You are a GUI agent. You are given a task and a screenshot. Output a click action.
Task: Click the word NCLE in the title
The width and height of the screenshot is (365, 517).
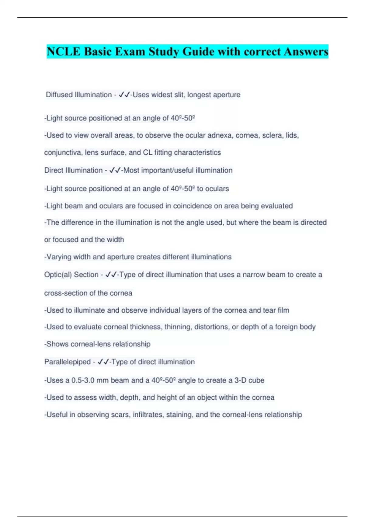[x=63, y=51]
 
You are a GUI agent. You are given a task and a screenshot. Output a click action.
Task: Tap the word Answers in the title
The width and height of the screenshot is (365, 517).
[x=306, y=51]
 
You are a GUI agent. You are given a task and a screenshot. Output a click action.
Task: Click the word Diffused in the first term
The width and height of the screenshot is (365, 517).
[x=59, y=95]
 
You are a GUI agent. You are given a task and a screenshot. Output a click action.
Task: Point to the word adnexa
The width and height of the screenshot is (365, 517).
[x=219, y=135]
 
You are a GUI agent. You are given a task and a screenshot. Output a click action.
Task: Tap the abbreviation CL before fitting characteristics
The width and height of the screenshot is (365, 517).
[x=148, y=152]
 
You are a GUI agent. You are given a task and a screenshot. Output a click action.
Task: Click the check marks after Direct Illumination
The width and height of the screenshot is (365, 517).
[x=115, y=170]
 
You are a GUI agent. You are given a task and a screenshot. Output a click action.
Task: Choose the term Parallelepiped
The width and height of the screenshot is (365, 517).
[x=68, y=362]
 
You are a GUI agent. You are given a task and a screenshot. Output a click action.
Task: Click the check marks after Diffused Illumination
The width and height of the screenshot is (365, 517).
[x=124, y=95]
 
